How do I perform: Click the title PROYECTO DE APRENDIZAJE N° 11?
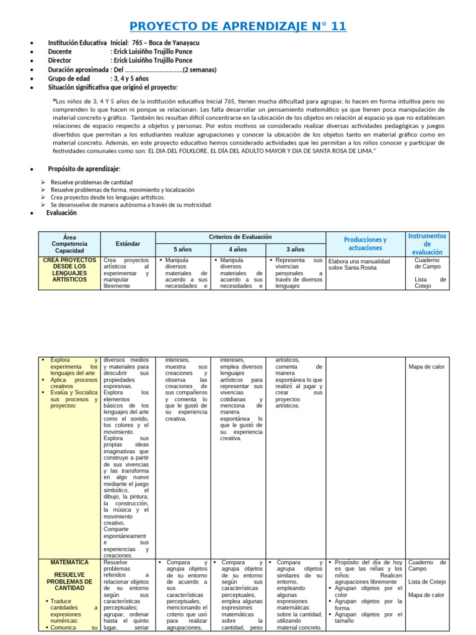[x=238, y=26]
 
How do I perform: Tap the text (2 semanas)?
[x=199, y=70]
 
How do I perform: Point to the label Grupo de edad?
[x=69, y=79]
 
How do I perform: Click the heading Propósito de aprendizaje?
[x=84, y=169]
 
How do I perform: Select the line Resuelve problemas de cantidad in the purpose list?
[x=92, y=182]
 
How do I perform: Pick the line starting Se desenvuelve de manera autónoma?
[x=131, y=205]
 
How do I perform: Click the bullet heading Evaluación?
[x=61, y=213]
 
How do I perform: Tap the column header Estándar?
[x=128, y=244]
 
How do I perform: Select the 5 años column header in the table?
[x=183, y=249]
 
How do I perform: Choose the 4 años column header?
[x=238, y=249]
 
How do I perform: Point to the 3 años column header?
[x=295, y=249]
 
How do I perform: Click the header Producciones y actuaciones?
[x=365, y=244]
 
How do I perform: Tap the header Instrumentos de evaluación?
[x=427, y=244]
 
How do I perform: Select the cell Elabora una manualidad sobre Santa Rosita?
[x=360, y=265]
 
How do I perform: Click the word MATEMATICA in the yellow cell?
[x=70, y=562]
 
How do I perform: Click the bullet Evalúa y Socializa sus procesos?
[x=70, y=396]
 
